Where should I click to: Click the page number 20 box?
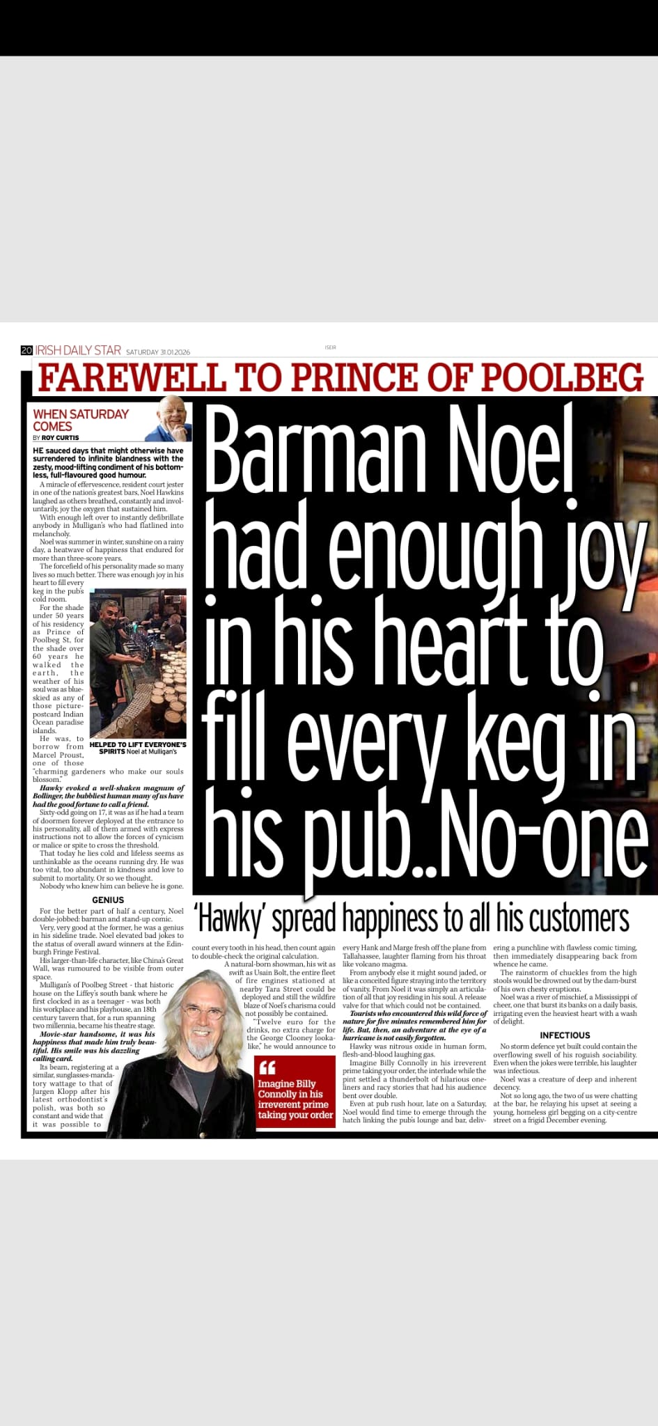tap(27, 350)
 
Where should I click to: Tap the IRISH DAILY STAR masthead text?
tap(78, 350)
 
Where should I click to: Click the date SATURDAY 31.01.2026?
tap(158, 352)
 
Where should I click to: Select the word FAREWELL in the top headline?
tap(132, 377)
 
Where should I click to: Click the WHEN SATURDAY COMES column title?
tap(80, 420)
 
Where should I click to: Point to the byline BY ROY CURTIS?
tap(56, 438)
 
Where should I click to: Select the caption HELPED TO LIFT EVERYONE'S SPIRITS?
tap(138, 748)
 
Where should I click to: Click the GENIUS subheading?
tap(108, 900)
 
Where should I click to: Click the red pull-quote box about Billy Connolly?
tap(295, 1090)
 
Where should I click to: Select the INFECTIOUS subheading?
tap(565, 1035)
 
